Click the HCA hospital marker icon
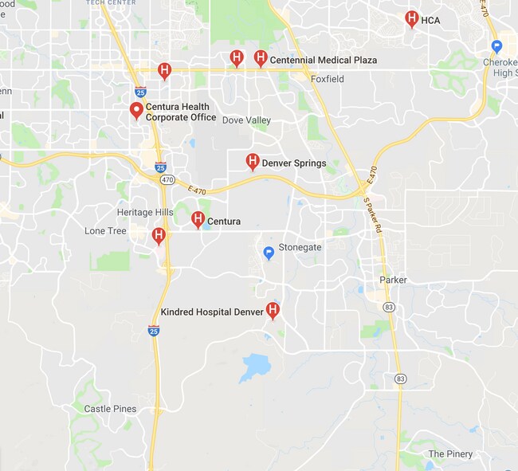click(411, 18)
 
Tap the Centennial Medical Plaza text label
click(323, 60)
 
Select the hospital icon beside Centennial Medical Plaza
click(260, 57)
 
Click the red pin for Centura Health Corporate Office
click(136, 110)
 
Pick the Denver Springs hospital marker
click(252, 162)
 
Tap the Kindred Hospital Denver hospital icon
click(273, 310)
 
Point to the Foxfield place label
click(328, 80)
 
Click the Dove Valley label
click(246, 120)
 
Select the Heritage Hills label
click(145, 212)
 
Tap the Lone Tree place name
click(105, 231)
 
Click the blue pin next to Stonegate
click(269, 253)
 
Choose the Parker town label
click(393, 280)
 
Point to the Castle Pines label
click(110, 409)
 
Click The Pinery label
click(450, 454)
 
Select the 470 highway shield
click(167, 180)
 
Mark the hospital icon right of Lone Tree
click(159, 235)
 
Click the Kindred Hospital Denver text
click(211, 312)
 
